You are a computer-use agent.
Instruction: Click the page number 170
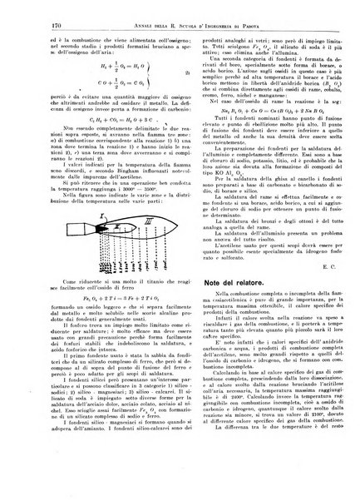point(22,10)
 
